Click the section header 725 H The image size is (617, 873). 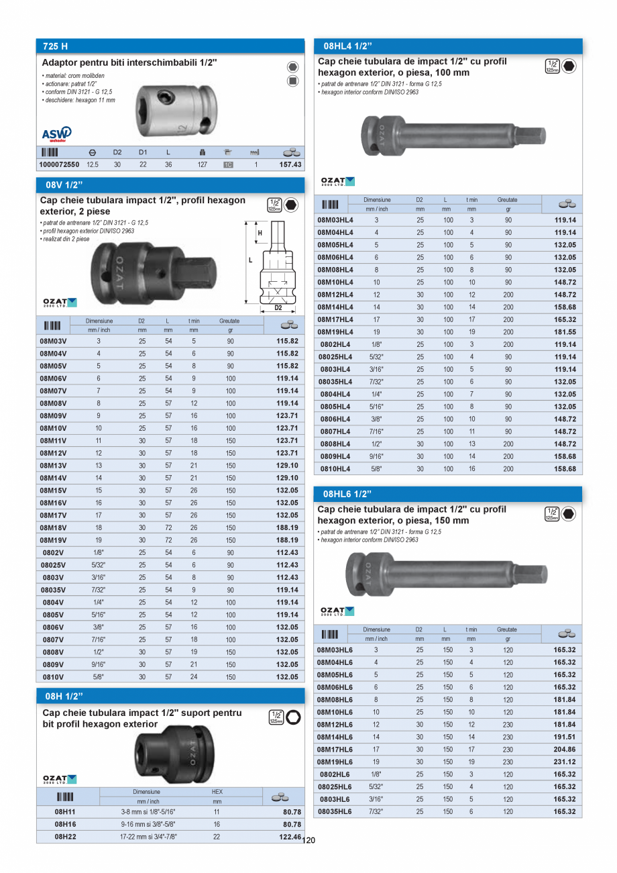(55, 47)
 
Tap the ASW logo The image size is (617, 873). (56, 134)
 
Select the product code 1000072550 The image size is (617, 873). (59, 164)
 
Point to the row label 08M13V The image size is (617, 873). (54, 466)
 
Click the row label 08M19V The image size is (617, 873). (54, 540)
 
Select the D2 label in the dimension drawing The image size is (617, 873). (278, 307)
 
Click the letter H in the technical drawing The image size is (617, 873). (260, 233)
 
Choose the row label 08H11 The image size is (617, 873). (64, 812)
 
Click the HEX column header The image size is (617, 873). (217, 792)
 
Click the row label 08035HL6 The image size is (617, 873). (335, 812)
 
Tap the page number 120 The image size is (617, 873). (308, 840)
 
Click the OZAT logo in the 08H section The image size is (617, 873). (60, 779)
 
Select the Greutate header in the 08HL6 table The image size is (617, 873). (507, 629)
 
